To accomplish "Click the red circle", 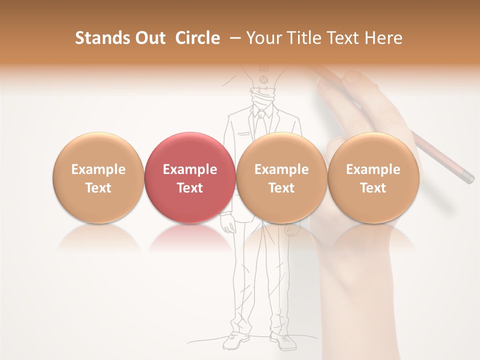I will coord(190,178).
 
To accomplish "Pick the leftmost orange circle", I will coord(98,178).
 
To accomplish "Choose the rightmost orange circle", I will coord(373,178).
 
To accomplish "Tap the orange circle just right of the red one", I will coord(281,178).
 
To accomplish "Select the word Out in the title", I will coord(149,38).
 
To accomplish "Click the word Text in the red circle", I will coord(190,188).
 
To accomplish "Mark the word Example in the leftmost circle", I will coord(98,169).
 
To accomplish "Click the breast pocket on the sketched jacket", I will coord(243,134).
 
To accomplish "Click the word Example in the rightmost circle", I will coord(373,169).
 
